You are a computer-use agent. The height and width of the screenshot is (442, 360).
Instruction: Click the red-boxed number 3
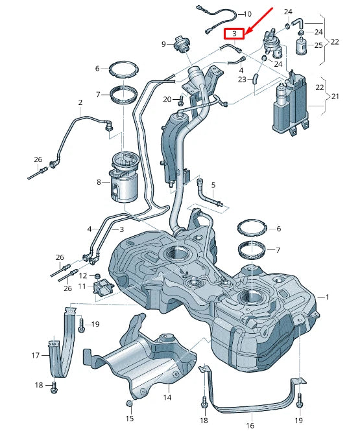[x=234, y=33]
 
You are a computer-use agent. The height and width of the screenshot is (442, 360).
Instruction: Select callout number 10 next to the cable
[x=247, y=14]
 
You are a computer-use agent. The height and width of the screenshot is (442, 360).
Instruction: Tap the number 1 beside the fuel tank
[x=328, y=297]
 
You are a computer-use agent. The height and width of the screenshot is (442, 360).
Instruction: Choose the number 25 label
[x=318, y=45]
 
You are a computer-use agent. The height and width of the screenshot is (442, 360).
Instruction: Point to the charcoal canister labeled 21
[x=289, y=104]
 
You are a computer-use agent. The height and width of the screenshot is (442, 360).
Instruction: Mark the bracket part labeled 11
[x=101, y=286]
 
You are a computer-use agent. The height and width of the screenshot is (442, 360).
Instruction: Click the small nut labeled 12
[x=98, y=275]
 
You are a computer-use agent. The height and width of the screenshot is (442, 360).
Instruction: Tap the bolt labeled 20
[x=181, y=100]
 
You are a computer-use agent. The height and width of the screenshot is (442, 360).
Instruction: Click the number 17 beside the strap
[x=36, y=355]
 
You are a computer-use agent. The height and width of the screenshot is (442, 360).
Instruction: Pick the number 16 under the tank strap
[x=250, y=426]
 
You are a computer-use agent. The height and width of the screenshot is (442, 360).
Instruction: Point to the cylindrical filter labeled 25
[x=301, y=47]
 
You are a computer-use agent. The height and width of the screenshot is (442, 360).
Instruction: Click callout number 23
[x=242, y=80]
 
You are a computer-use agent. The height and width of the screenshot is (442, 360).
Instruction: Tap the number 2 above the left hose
[x=80, y=102]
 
